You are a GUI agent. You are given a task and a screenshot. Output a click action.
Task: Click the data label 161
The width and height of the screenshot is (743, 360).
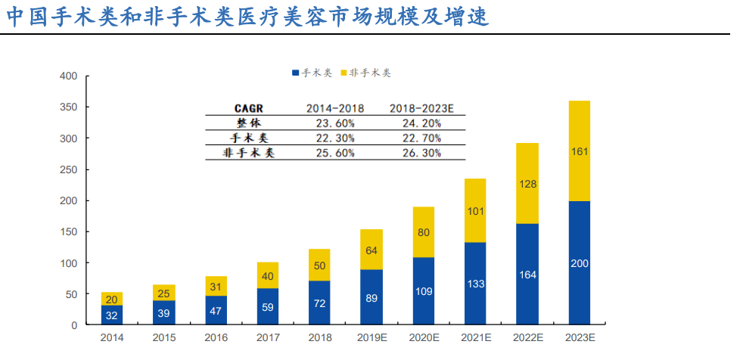(x=579, y=151)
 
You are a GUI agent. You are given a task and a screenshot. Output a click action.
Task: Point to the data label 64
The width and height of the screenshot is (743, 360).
(x=371, y=250)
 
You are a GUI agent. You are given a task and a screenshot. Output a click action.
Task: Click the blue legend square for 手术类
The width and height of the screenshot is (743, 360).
(x=296, y=73)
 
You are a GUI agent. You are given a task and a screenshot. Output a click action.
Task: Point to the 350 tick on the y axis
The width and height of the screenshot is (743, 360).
(x=69, y=107)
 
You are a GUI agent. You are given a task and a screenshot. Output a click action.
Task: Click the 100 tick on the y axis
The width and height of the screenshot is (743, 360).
(x=69, y=263)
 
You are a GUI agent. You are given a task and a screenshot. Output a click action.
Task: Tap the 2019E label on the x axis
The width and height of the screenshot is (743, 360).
(x=371, y=338)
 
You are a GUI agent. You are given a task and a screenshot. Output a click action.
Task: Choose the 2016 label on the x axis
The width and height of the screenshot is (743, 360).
(x=216, y=338)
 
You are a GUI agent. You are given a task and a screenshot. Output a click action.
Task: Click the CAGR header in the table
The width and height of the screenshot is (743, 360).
(x=248, y=109)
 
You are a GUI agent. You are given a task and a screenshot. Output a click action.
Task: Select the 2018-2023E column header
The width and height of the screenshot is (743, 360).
(x=422, y=109)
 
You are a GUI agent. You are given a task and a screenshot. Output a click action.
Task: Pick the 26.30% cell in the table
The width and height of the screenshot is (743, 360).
(x=422, y=153)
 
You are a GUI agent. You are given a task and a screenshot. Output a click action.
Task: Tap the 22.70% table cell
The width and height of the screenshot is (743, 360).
(x=422, y=138)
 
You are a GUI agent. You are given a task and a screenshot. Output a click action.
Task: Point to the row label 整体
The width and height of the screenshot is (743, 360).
(x=248, y=123)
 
